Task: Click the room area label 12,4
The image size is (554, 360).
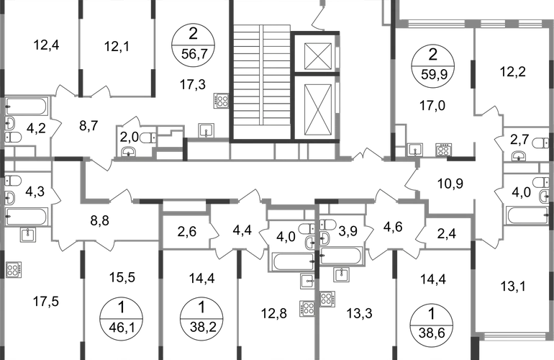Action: point(46,45)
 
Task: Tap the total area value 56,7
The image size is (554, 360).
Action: point(193,55)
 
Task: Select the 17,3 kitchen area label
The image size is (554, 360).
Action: point(193,84)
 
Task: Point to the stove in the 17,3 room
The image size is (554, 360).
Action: point(221,100)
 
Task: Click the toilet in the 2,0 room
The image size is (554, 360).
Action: point(148,138)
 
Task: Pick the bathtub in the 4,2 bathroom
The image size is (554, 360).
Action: point(26,107)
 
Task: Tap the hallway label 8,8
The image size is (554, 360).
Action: point(99,220)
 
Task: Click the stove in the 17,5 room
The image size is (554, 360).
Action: point(14,270)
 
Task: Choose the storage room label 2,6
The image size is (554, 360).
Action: point(187,232)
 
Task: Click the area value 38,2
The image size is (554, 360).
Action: point(202,327)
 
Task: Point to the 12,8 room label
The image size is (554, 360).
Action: point(274,313)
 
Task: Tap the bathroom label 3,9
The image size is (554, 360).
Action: point(348,231)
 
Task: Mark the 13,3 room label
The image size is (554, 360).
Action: point(359,313)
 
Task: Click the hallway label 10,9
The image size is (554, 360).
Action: point(450,184)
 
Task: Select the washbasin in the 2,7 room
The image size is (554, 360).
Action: point(518,156)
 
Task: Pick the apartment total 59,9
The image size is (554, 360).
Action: point(433,75)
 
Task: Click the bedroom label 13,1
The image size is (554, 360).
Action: point(513,286)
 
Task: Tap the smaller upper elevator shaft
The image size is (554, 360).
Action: point(317,56)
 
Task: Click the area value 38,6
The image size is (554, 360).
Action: point(432,333)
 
